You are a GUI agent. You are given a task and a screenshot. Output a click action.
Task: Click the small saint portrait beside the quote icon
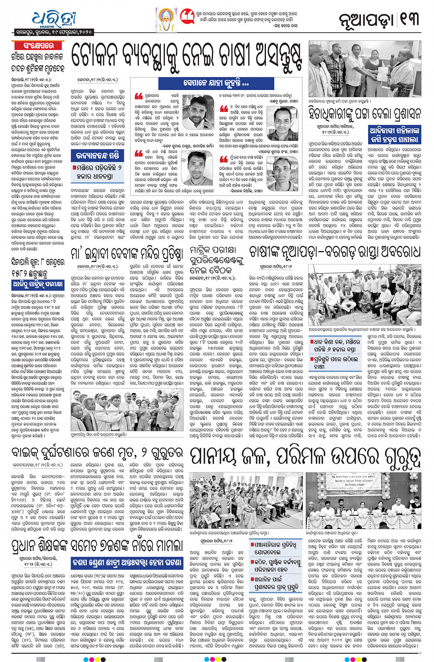166,20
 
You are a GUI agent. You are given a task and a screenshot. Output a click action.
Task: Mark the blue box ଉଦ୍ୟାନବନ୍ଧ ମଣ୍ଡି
98,155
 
